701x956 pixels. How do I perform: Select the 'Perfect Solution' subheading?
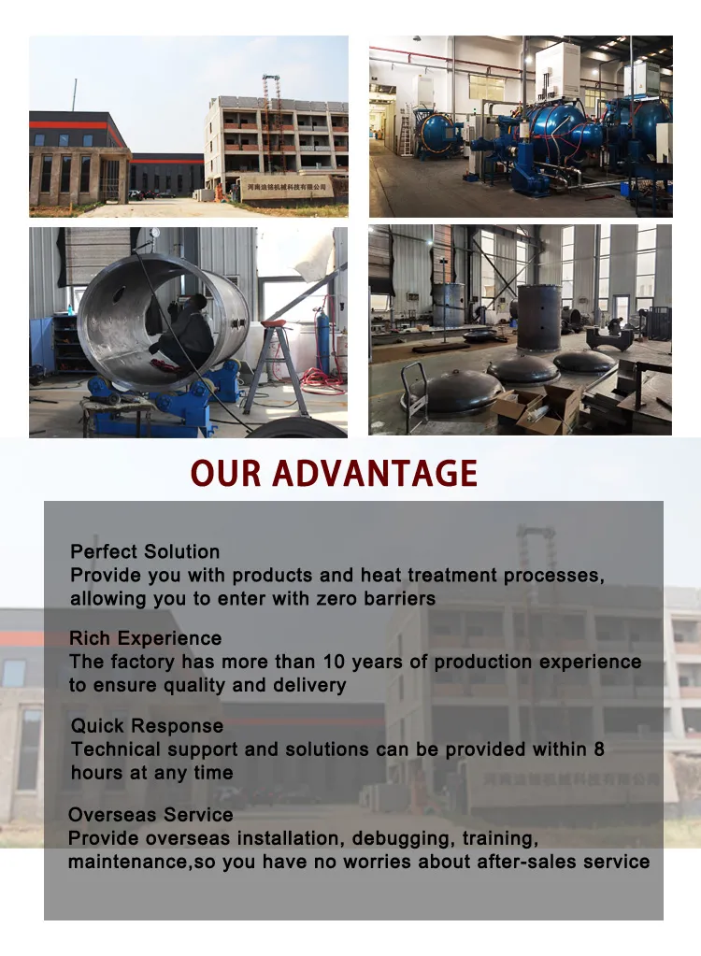tap(145, 551)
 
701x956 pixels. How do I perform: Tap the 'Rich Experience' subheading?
tap(145, 638)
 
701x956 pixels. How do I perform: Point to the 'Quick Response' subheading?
tap(147, 725)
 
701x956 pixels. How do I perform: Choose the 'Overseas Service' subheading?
tap(150, 814)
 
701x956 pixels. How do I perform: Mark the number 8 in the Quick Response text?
tap(599, 749)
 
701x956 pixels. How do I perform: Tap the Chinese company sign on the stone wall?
tap(287, 188)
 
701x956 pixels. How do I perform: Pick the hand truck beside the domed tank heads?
tap(414, 392)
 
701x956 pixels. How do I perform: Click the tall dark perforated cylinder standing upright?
tap(538, 318)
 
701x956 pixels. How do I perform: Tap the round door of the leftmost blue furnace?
tap(430, 133)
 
